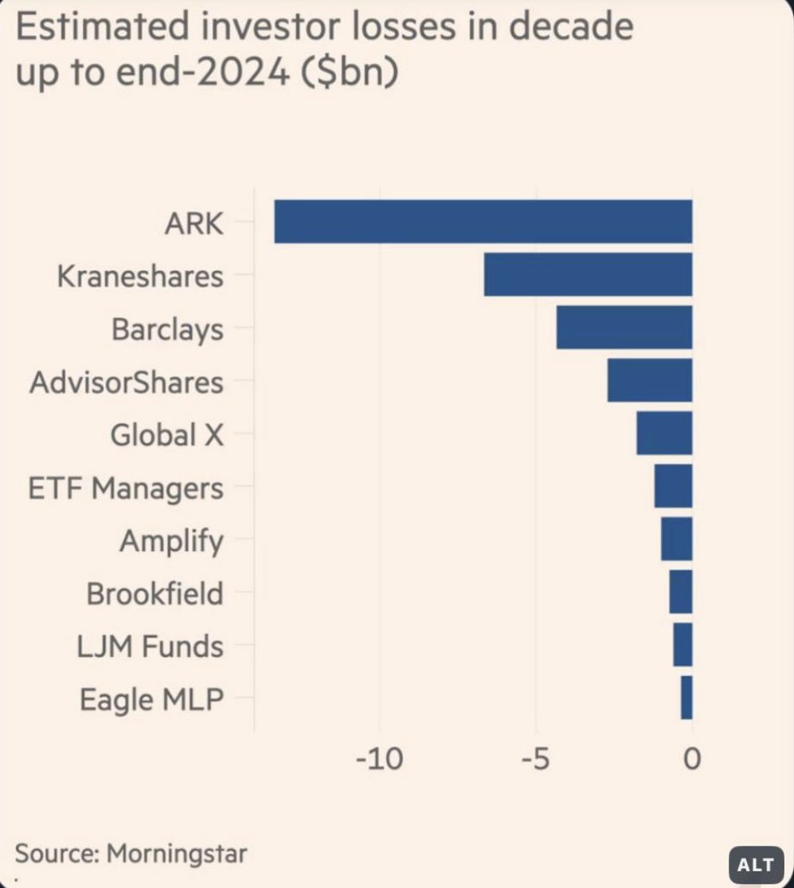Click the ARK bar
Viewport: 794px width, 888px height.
coord(483,221)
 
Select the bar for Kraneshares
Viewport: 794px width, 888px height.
coord(588,275)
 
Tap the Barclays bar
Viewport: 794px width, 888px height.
coord(624,327)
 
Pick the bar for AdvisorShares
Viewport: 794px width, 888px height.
coord(649,381)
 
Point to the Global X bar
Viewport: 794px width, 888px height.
coord(664,433)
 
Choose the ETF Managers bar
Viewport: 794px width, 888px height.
coord(673,486)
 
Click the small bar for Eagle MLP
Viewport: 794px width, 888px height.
coord(686,698)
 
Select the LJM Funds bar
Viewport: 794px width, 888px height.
coord(683,644)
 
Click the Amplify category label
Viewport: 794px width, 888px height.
coord(171,542)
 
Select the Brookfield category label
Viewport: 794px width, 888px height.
coord(154,593)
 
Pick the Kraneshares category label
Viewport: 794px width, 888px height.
coord(140,276)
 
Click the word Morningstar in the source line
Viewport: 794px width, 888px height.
coord(177,853)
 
